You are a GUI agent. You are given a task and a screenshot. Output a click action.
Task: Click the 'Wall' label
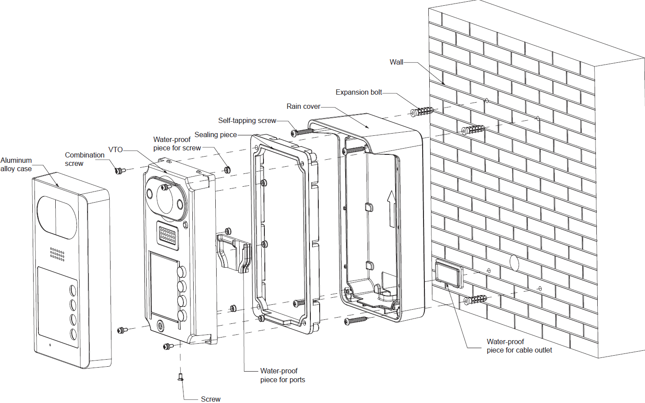(x=396, y=62)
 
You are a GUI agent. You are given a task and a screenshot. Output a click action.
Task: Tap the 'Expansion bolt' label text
(x=359, y=92)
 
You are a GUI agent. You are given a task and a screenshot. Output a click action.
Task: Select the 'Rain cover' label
(x=303, y=107)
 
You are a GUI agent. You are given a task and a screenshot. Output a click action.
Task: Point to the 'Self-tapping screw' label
(x=247, y=121)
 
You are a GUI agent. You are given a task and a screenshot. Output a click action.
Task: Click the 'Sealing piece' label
(x=216, y=135)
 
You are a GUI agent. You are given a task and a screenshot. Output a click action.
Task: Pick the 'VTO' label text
(x=115, y=150)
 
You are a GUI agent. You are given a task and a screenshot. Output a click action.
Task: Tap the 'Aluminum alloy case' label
(x=16, y=165)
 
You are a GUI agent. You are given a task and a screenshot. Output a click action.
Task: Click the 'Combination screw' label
(x=84, y=159)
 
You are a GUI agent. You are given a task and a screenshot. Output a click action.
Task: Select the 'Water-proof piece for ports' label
(x=282, y=375)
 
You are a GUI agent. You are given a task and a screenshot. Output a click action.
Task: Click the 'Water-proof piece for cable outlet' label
(x=519, y=346)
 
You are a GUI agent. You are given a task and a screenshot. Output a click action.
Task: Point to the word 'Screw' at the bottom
(x=210, y=399)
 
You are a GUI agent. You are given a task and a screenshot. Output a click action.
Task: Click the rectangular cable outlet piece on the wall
(x=448, y=273)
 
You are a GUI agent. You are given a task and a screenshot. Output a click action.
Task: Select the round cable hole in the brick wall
(x=514, y=262)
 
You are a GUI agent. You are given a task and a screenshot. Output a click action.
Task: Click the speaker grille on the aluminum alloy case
(x=57, y=254)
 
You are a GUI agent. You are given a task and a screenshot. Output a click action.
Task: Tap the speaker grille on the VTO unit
(x=168, y=235)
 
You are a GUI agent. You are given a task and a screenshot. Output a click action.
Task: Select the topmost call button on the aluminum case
(x=73, y=291)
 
